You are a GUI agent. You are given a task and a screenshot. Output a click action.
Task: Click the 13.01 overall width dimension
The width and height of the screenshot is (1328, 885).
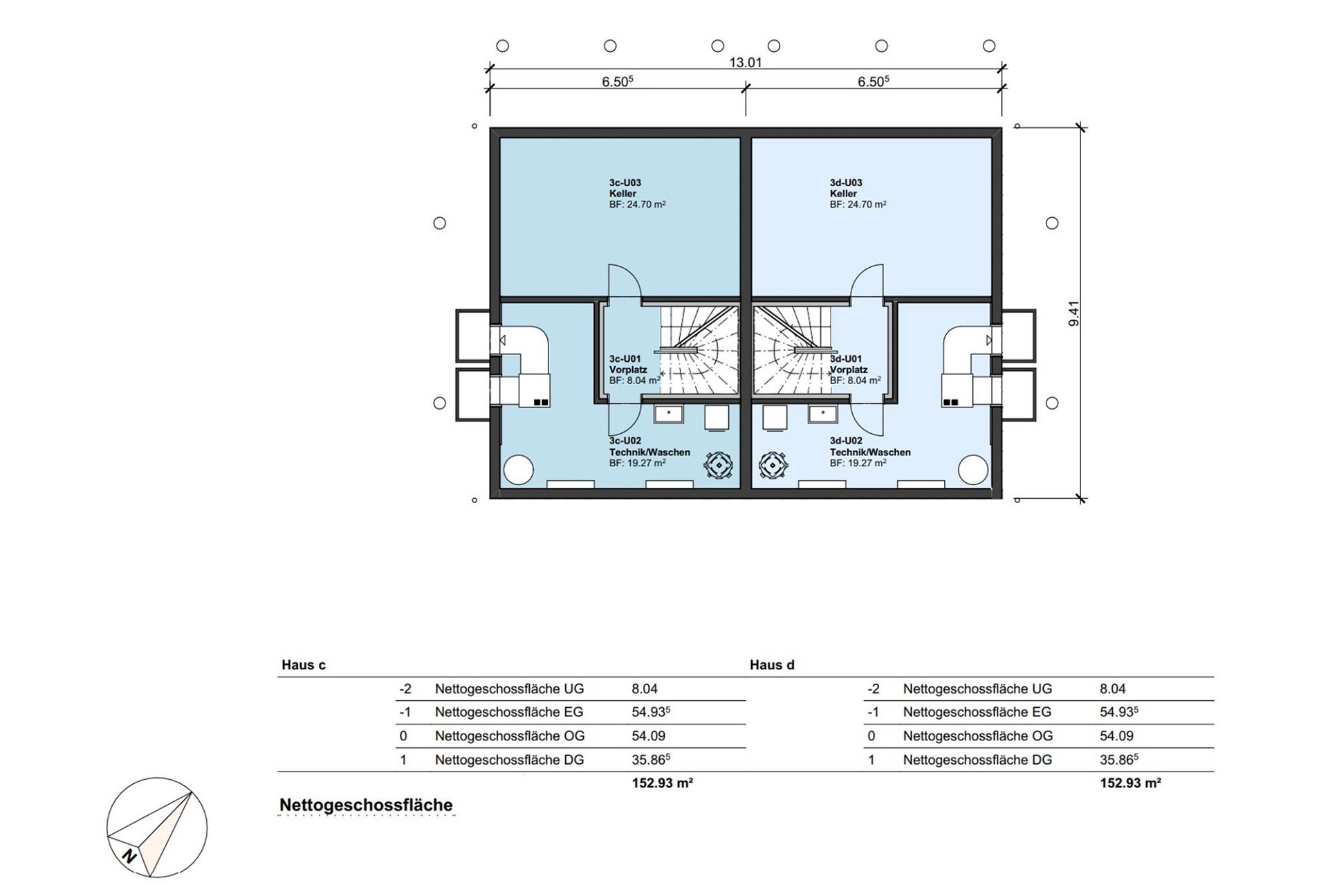pos(745,62)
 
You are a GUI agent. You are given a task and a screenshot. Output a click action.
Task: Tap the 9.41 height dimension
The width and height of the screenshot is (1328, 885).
pos(1073,313)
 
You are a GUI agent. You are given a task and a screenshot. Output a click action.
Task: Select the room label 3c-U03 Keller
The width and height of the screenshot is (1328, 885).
pos(637,194)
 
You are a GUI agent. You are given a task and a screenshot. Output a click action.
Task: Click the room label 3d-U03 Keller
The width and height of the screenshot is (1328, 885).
pos(858,194)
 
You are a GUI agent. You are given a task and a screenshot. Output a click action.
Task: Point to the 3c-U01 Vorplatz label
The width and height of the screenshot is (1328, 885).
pos(634,369)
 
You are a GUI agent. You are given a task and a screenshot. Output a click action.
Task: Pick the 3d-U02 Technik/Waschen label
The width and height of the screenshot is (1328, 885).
pos(869,452)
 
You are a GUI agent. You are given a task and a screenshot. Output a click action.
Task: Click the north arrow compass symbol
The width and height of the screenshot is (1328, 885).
pos(157,828)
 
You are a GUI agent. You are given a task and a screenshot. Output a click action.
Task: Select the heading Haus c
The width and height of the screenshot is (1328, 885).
pos(304,665)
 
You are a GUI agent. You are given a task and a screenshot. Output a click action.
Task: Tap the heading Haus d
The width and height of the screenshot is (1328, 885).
pos(772,665)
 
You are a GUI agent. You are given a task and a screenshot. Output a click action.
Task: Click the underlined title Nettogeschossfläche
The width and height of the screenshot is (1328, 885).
pos(366,805)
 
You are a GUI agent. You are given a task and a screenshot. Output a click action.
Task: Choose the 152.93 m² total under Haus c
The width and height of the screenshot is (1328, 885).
pos(662,783)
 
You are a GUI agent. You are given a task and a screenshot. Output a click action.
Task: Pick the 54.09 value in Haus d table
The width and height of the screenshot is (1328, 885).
pos(1116,736)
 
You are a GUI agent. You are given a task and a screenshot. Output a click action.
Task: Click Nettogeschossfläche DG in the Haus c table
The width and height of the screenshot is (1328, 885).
pos(509,760)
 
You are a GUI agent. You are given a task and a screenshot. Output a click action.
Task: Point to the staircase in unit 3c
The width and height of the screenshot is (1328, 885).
pos(699,350)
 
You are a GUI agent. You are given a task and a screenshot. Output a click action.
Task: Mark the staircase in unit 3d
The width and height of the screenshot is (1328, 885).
pos(792,350)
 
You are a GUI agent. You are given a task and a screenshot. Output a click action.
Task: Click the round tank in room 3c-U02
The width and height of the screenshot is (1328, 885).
pos(519,471)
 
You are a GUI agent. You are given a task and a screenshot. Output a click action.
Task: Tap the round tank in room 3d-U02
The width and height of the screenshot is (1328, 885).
pos(973,471)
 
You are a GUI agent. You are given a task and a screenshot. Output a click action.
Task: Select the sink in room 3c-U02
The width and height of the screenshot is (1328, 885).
pos(669,414)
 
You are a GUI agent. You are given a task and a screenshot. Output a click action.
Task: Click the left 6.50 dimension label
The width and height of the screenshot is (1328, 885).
pos(617,82)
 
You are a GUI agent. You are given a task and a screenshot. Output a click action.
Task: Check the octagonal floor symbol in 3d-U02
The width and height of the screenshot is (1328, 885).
pos(773,465)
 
